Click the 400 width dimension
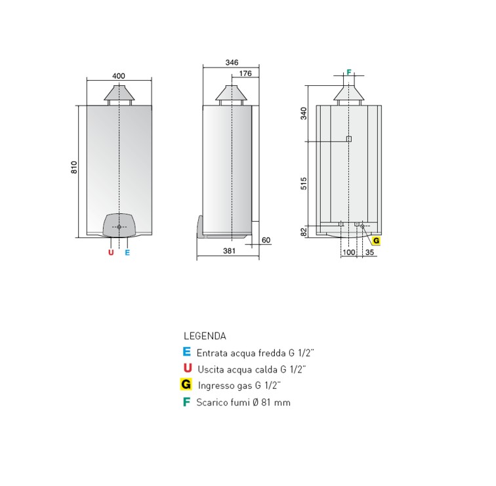(119, 76)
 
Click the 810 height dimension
(74, 167)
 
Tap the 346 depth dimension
(231, 62)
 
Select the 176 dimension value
(245, 73)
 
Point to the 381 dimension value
(229, 251)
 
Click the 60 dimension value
(266, 241)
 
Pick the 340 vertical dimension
(304, 113)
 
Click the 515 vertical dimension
(304, 184)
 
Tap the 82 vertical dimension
(304, 232)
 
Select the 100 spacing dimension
(349, 252)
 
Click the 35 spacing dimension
(370, 252)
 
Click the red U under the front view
(111, 252)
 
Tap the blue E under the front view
(127, 252)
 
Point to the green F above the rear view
(349, 71)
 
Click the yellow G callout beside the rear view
(377, 241)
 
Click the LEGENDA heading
(205, 336)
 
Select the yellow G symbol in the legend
(186, 384)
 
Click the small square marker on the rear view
(349, 139)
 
